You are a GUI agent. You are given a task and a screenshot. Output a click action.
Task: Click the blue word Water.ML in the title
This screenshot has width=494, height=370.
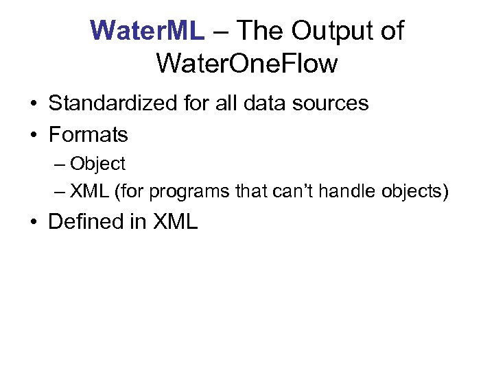[147, 31]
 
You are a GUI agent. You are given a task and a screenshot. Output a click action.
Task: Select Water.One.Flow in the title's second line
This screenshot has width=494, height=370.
[247, 64]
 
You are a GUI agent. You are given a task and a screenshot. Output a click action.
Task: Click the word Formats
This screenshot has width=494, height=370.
[88, 134]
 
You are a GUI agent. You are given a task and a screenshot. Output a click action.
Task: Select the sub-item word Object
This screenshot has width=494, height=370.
[97, 164]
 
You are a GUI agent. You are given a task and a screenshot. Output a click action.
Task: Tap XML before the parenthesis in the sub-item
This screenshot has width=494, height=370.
[90, 193]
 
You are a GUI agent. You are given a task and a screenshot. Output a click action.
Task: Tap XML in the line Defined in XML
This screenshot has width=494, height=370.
[176, 222]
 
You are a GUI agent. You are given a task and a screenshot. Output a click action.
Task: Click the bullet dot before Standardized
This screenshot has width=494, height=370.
[33, 104]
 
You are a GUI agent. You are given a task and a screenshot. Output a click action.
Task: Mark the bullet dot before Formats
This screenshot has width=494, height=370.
[33, 135]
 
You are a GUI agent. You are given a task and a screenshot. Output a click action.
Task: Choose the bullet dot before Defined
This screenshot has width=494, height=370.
[33, 223]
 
